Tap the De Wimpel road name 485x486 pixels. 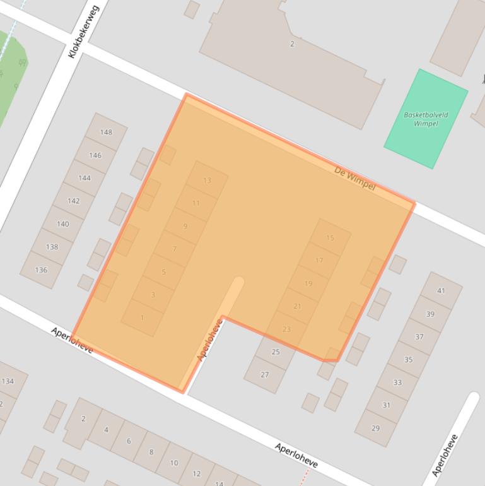coord(354,179)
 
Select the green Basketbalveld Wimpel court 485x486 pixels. coord(425,119)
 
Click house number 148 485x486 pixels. coord(105,132)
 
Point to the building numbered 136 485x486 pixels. coord(41,270)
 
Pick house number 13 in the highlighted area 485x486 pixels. coord(207,180)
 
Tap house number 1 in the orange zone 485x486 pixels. coord(143,317)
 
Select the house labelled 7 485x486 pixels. coord(175,249)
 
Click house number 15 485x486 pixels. coord(330,238)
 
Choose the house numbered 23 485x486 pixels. coord(286,329)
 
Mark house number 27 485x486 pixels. coord(265,374)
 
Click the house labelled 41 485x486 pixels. coord(441,290)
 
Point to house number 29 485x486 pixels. coord(375,428)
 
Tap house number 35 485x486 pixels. coord(408,359)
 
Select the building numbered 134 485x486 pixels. coord(8,381)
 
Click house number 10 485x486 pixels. coord(174,463)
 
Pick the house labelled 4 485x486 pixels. coord(106,430)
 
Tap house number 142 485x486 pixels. coord(73,201)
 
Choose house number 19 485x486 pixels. coord(308,283)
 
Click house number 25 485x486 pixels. coord(276,352)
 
